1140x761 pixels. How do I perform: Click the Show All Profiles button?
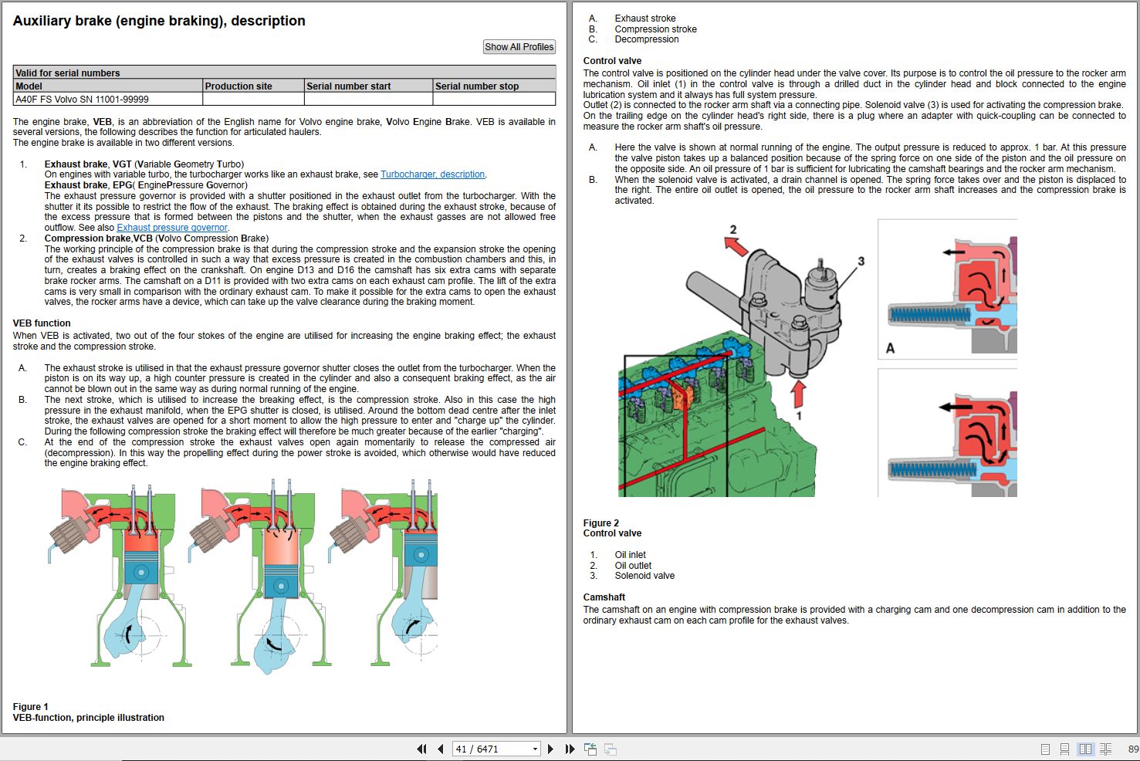click(x=519, y=47)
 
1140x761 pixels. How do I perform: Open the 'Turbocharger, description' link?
click(x=432, y=174)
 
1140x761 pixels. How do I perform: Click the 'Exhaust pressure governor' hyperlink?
click(x=172, y=228)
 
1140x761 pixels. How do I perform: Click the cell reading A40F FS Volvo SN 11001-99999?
click(x=83, y=100)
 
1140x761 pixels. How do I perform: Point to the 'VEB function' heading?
click(x=42, y=323)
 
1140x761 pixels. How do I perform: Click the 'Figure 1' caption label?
click(x=31, y=707)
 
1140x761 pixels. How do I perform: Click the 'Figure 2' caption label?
click(x=601, y=523)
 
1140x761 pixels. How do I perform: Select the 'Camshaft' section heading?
click(x=604, y=597)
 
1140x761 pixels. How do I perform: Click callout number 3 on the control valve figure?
click(x=861, y=261)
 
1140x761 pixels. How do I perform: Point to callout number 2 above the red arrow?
click(x=733, y=229)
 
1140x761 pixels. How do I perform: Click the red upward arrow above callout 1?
click(x=798, y=393)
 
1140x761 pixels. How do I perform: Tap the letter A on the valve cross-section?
click(x=890, y=348)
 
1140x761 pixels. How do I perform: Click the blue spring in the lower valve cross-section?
click(x=932, y=469)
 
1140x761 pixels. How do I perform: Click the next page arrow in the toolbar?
click(x=550, y=749)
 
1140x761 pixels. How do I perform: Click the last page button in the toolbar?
click(x=570, y=749)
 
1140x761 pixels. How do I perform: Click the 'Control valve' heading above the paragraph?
click(x=612, y=61)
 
